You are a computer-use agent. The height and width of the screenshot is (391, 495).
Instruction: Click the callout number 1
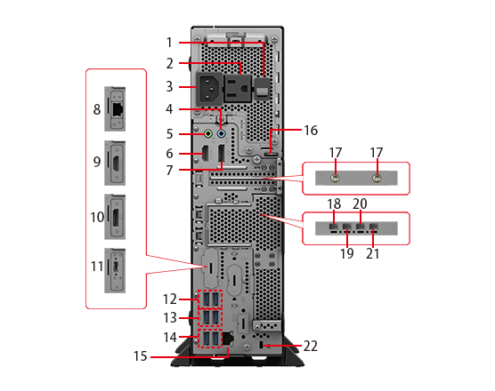tap(169, 43)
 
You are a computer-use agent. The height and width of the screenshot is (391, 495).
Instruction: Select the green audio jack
tap(208, 133)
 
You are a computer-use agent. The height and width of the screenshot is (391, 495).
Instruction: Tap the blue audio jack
tap(222, 133)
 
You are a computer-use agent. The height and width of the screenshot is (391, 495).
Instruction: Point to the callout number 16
tap(311, 130)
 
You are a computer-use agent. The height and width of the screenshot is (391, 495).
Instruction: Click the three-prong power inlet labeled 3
tap(208, 89)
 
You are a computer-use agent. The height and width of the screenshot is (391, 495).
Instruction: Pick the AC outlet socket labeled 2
tap(238, 88)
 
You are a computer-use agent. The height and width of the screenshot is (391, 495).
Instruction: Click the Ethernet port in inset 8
tap(118, 109)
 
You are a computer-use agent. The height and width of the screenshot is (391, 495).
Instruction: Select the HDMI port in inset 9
tap(116, 164)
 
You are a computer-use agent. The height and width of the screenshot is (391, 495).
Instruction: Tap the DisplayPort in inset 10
tap(116, 217)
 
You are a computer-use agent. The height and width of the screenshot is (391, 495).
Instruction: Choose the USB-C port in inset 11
tap(116, 267)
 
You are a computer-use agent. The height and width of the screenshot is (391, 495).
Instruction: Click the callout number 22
tap(311, 346)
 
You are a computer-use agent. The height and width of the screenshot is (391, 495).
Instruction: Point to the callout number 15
tap(140, 356)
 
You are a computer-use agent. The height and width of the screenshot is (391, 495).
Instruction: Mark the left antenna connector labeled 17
tap(335, 179)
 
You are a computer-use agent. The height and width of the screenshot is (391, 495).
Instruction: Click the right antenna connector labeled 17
tap(377, 179)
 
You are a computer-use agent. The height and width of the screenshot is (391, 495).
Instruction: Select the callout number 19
tap(346, 253)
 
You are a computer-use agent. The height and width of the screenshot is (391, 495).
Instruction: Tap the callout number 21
tap(372, 253)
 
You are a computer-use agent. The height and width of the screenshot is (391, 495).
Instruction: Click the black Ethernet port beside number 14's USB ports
tap(228, 338)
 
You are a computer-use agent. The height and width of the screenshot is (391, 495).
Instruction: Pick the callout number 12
tap(170, 299)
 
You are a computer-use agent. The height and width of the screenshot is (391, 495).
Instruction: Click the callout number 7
tap(169, 170)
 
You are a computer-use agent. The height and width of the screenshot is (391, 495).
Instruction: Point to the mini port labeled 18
tap(333, 227)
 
